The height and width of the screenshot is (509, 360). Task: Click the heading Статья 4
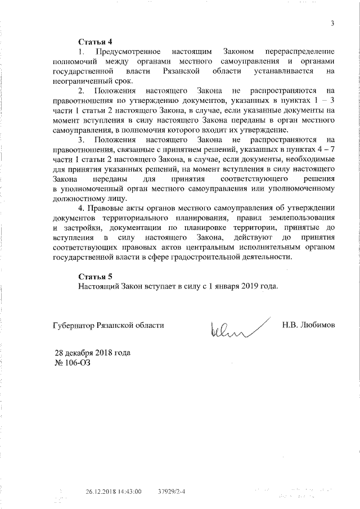click(95, 42)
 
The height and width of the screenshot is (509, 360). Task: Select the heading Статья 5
click(95, 276)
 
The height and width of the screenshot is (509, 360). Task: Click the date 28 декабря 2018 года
click(92, 353)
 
